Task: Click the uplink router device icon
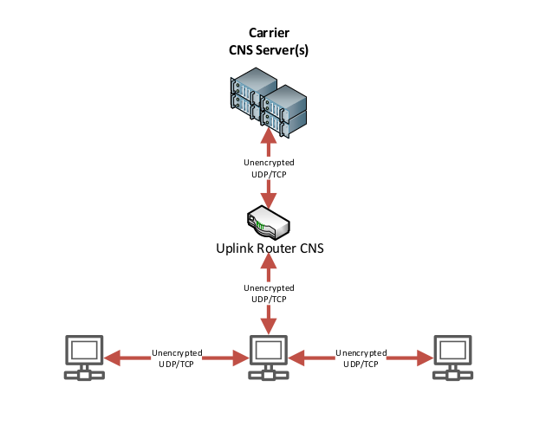point(269,222)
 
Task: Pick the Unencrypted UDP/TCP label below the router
point(268,293)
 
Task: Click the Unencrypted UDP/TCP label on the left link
point(178,358)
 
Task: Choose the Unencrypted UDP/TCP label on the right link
point(361,358)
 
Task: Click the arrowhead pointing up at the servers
point(269,135)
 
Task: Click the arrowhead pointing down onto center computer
point(269,326)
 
